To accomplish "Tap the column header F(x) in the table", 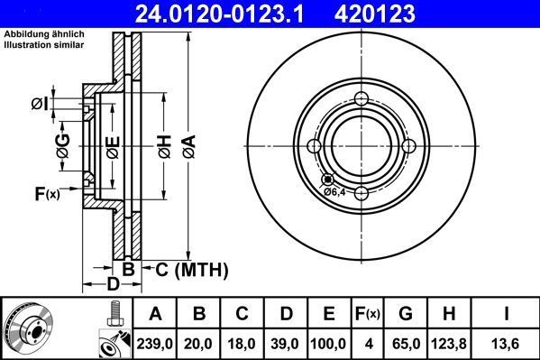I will [367, 313].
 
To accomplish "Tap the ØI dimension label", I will [40, 105].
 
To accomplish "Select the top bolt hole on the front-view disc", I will [361, 99].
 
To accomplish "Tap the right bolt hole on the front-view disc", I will [407, 146].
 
